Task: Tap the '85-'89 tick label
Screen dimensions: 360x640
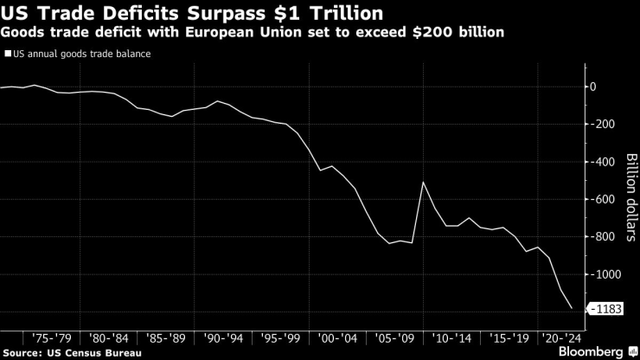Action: coord(165,338)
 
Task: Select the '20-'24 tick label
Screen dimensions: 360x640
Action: coord(560,338)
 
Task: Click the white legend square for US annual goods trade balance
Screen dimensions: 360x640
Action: coord(8,54)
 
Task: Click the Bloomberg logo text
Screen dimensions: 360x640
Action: coord(589,352)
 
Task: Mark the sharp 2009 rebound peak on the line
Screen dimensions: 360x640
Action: coord(423,182)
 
